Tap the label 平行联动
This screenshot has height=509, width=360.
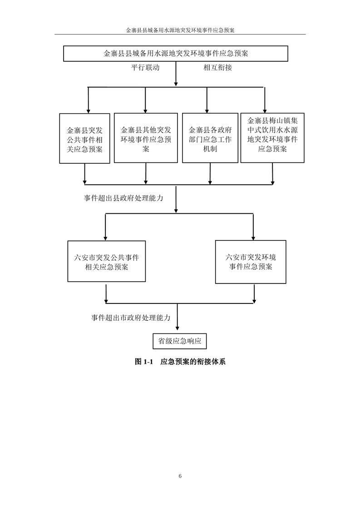point(145,68)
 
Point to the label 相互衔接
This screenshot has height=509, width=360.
point(218,68)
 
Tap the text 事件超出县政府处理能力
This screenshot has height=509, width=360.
point(123,198)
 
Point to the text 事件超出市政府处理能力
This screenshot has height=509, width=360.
point(131,318)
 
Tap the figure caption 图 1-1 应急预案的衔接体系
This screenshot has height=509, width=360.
point(180,362)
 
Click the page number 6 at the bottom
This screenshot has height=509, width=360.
point(180,476)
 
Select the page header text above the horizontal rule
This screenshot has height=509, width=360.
point(180,30)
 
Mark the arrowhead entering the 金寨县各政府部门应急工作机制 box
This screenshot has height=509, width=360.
point(207,111)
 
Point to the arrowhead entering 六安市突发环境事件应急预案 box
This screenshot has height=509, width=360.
point(253,238)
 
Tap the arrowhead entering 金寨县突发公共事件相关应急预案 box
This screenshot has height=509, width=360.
point(88,111)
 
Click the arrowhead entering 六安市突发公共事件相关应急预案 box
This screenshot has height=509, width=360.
point(105,239)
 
